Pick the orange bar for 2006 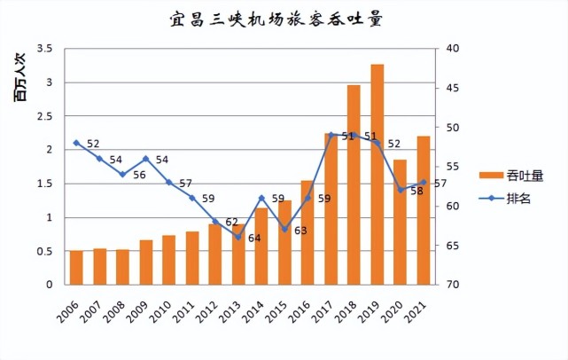point(76,268)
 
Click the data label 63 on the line point(300,231)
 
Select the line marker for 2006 point(76,143)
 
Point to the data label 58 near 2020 point(416,191)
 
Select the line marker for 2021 point(423,183)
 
